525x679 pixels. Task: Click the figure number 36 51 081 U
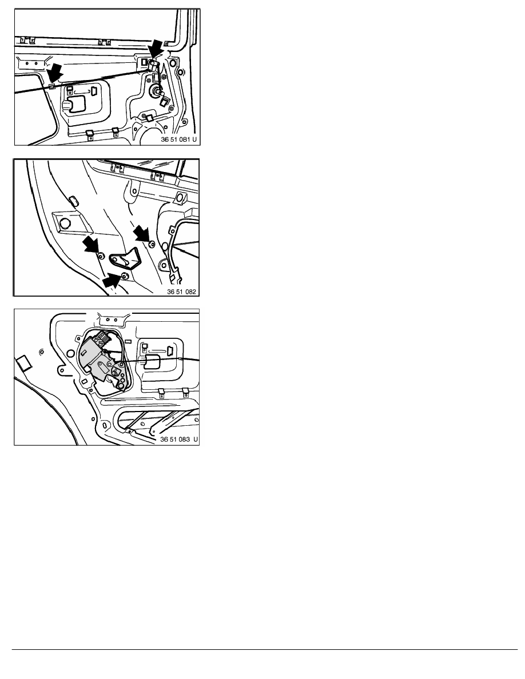[x=178, y=139]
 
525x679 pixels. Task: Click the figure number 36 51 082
[x=181, y=291]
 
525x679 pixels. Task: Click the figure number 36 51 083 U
[x=179, y=439]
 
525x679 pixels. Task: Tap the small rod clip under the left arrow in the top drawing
[x=51, y=86]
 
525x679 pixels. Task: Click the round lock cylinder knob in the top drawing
[x=154, y=90]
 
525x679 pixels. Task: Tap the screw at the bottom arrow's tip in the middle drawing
[x=125, y=276]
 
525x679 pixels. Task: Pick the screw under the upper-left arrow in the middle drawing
[x=101, y=256]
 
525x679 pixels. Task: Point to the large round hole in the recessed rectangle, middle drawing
[x=65, y=223]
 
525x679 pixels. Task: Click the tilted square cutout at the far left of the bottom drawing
[x=23, y=362]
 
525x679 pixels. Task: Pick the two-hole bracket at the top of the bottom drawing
[x=112, y=319]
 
